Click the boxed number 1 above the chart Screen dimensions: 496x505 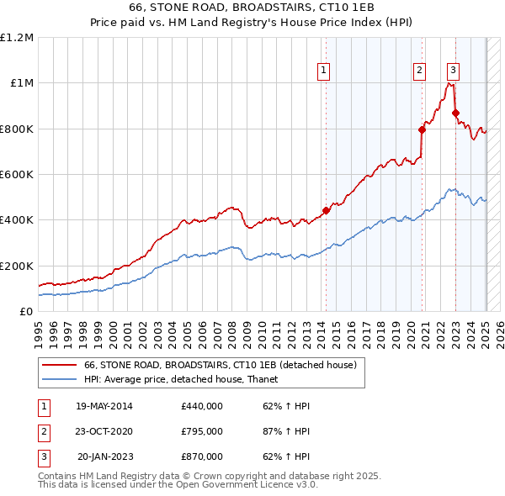[324, 71]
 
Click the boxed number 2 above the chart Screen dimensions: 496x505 [419, 71]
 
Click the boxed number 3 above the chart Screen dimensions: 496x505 [453, 71]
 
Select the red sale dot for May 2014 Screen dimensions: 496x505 [326, 211]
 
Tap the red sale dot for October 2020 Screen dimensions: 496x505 [423, 129]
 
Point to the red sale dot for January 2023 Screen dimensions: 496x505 [455, 113]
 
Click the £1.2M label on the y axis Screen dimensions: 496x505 [17, 38]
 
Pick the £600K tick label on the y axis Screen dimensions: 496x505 [17, 175]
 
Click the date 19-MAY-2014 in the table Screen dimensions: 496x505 [104, 407]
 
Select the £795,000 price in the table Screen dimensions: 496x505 [202, 432]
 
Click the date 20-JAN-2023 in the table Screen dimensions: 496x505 [105, 456]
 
